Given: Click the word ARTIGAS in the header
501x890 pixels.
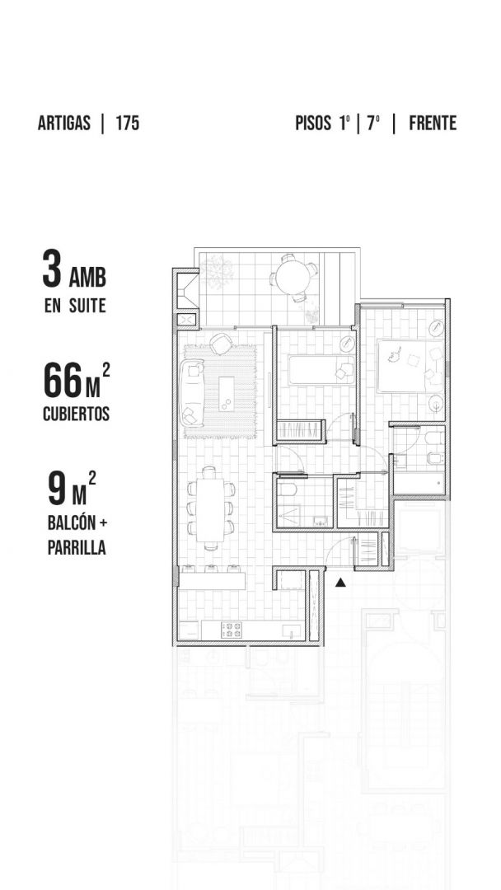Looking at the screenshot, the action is coord(64,123).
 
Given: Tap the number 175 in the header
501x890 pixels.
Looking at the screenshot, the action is coord(128,123).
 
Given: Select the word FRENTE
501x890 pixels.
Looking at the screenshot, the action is coord(433,123).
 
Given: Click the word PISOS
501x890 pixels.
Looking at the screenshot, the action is coord(312,123).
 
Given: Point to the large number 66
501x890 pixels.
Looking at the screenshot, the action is coord(63,382).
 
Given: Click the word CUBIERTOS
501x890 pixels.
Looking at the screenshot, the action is coord(76,414).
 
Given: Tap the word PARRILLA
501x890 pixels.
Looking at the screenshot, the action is coord(77,548).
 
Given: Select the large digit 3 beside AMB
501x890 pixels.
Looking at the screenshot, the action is coord(52,269).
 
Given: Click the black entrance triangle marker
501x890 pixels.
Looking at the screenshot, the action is coord(339,582).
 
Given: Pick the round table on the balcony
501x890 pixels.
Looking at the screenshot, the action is coord(293,278).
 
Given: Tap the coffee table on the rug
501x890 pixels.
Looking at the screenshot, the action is coord(227,393).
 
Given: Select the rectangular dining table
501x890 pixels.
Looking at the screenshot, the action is coord(210,510).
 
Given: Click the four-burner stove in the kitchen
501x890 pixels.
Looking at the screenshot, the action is coord(232,630).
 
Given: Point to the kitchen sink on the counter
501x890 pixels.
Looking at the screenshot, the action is coord(293,630).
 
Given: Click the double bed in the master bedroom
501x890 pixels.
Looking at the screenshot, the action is coord(411,366).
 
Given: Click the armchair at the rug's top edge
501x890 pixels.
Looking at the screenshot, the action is coord(221,344).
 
